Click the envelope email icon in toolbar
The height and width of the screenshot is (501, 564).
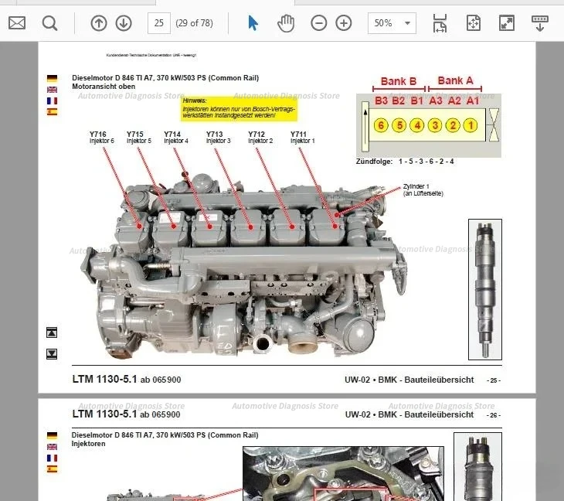pyautogui.click(x=17, y=23)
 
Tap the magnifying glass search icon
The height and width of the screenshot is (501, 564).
pyautogui.click(x=49, y=23)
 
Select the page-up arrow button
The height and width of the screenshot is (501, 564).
pyautogui.click(x=99, y=23)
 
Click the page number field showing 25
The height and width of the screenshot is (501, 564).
pyautogui.click(x=159, y=23)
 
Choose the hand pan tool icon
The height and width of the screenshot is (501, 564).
pyautogui.click(x=286, y=23)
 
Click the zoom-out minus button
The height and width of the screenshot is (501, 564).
pyautogui.click(x=319, y=23)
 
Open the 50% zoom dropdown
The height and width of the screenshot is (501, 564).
pyautogui.click(x=392, y=23)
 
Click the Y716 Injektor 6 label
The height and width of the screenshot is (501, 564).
pyautogui.click(x=102, y=138)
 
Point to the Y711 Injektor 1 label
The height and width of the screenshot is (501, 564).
pyautogui.click(x=303, y=138)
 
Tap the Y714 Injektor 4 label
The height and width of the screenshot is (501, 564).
pyautogui.click(x=176, y=138)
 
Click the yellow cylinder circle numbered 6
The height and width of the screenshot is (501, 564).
pyautogui.click(x=380, y=125)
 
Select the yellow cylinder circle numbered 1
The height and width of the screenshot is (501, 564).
pyautogui.click(x=471, y=125)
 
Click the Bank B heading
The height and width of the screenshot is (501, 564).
pyautogui.click(x=399, y=81)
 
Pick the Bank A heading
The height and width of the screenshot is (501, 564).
pyautogui.click(x=455, y=80)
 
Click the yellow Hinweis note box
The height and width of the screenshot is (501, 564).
pyautogui.click(x=239, y=107)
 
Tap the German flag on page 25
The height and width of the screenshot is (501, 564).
pyautogui.click(x=52, y=79)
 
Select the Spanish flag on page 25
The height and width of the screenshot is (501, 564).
pyautogui.click(x=52, y=112)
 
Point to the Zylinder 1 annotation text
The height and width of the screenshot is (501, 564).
pyautogui.click(x=423, y=189)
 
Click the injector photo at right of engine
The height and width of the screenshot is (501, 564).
pyautogui.click(x=485, y=290)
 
